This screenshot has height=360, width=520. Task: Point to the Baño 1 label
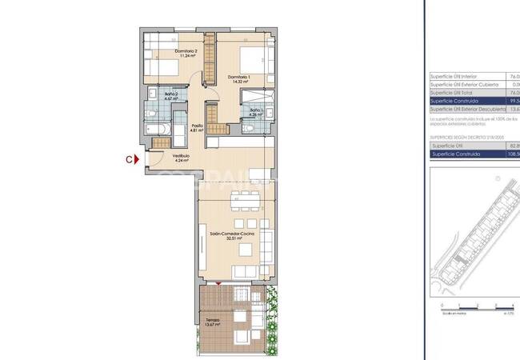(x=256, y=110)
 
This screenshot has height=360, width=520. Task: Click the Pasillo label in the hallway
(x=196, y=125)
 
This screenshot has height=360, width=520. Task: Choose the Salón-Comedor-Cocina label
(x=233, y=233)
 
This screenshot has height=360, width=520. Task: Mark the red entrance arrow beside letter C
(x=138, y=159)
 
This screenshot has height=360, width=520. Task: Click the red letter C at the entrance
(x=128, y=159)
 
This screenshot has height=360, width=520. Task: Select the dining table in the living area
(x=238, y=210)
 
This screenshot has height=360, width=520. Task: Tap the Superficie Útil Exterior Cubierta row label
(x=465, y=85)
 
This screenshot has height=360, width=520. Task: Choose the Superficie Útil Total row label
(x=453, y=93)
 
